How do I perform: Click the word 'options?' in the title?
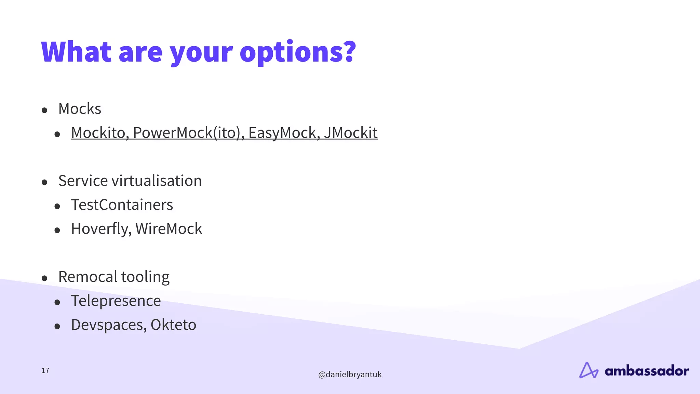click(298, 52)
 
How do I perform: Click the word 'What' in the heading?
click(76, 52)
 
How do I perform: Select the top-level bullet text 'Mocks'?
click(80, 109)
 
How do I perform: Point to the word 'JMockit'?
click(351, 133)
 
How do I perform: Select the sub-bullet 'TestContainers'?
click(122, 205)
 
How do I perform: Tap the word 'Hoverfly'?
click(99, 229)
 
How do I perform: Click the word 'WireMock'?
click(169, 229)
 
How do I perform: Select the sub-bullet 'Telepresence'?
click(116, 301)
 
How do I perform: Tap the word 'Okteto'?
click(173, 325)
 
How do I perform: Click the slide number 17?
click(45, 370)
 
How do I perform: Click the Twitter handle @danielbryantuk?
click(350, 375)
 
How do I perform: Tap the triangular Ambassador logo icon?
click(588, 370)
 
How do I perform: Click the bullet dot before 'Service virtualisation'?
click(44, 182)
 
